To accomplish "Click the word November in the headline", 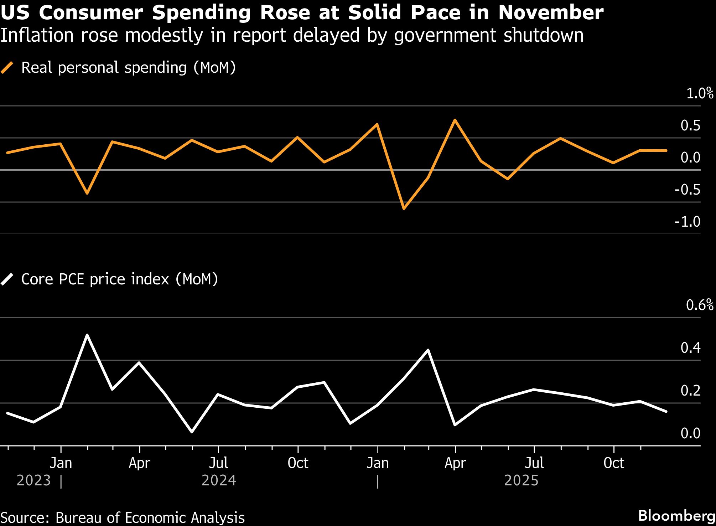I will [x=551, y=13].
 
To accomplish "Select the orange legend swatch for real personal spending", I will [x=7, y=67].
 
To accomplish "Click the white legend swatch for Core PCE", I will [x=7, y=279].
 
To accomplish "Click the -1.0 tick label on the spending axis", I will [x=687, y=222].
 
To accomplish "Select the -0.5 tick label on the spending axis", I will [x=687, y=190].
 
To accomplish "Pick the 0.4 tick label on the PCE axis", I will [x=690, y=348].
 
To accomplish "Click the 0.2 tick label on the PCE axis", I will [x=690, y=391].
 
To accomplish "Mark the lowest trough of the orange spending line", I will [x=404, y=209].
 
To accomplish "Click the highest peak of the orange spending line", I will [x=455, y=120].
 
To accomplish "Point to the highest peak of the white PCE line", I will [x=87, y=335].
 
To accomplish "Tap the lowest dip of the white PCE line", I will [x=192, y=432].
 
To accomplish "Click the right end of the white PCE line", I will [x=666, y=412].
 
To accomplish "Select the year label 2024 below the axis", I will [x=219, y=480].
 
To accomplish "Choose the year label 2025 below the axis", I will [x=521, y=480].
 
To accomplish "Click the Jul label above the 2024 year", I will [x=218, y=463].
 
